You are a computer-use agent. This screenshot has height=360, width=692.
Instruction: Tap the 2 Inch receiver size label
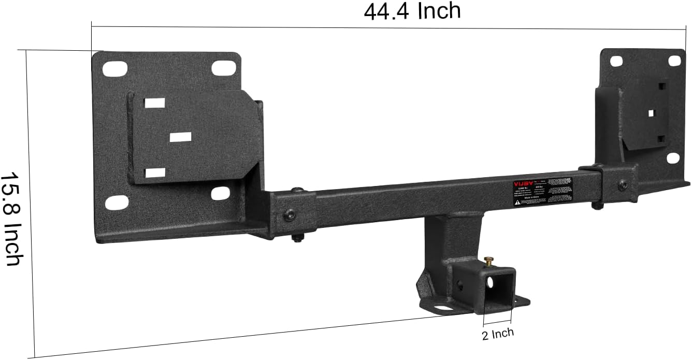(x=498, y=333)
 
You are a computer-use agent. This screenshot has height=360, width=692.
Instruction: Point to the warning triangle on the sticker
(x=517, y=203)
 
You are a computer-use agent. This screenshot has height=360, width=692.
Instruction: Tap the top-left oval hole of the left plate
(x=115, y=68)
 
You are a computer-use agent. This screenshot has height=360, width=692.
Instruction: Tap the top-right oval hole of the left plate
(x=222, y=67)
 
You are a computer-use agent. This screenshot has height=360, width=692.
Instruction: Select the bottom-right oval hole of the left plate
(x=221, y=193)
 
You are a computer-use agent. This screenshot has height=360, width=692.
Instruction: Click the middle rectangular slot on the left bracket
(x=180, y=137)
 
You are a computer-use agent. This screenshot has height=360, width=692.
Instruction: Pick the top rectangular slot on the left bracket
(x=154, y=103)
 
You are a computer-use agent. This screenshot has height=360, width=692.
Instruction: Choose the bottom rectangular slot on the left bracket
(x=155, y=173)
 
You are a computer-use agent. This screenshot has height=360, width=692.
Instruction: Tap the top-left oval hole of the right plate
(x=616, y=62)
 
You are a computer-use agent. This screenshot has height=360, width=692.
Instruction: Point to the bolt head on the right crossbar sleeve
(x=622, y=184)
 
